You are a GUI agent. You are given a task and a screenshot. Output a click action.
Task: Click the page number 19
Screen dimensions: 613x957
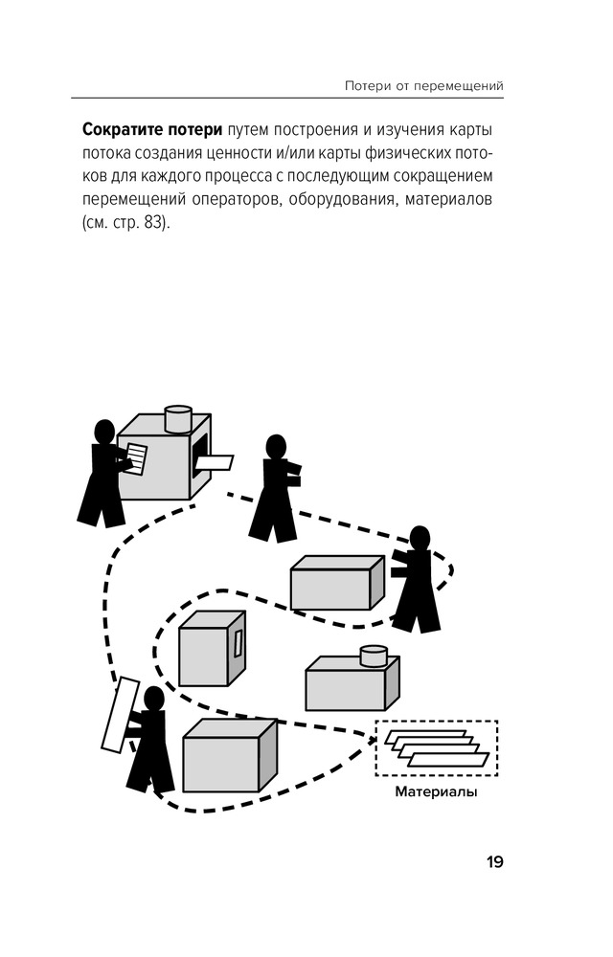pyautogui.click(x=494, y=862)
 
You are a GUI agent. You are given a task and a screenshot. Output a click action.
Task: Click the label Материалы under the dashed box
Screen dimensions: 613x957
pyautogui.click(x=436, y=792)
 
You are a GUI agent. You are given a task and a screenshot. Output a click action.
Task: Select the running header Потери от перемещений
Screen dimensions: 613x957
pyautogui.click(x=423, y=86)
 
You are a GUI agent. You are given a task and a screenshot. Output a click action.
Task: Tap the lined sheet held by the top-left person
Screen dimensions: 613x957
pyautogui.click(x=136, y=458)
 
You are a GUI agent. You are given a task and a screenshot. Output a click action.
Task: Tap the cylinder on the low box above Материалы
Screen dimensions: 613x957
pyautogui.click(x=373, y=657)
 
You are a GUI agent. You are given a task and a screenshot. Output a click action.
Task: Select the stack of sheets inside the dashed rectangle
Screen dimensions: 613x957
pyautogui.click(x=437, y=747)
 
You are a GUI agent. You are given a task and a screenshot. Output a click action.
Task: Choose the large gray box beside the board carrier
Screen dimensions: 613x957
pyautogui.click(x=229, y=756)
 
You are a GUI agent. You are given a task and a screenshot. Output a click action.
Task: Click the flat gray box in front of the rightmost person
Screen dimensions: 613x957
pyautogui.click(x=337, y=583)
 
